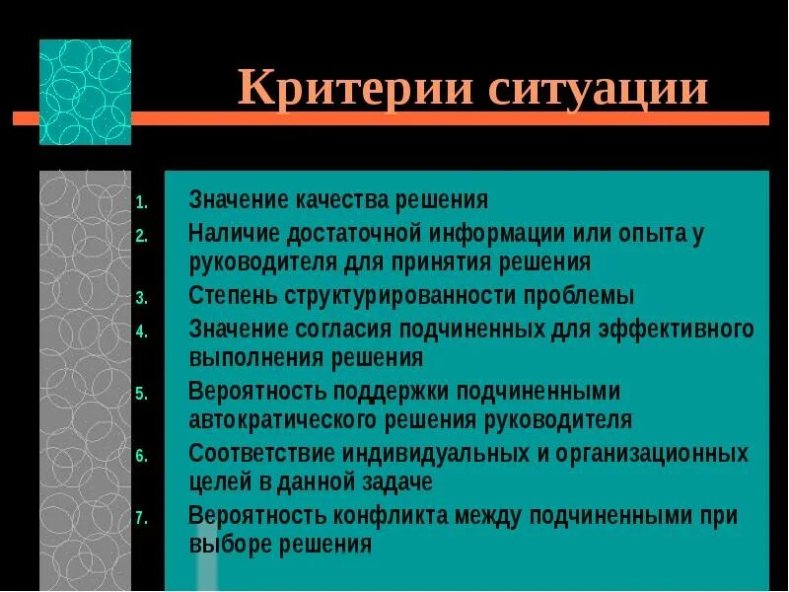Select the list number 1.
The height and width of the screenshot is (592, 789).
tap(141, 203)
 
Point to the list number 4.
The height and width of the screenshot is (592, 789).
tap(141, 332)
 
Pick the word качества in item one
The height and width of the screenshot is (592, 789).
tap(341, 200)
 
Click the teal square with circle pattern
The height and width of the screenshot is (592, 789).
tap(85, 92)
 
